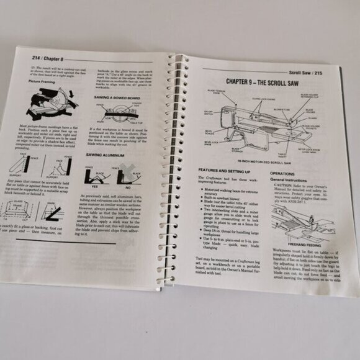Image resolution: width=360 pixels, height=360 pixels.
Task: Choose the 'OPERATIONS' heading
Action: tap(282, 174)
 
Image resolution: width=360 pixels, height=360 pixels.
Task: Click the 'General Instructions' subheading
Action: tap(292, 180)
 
